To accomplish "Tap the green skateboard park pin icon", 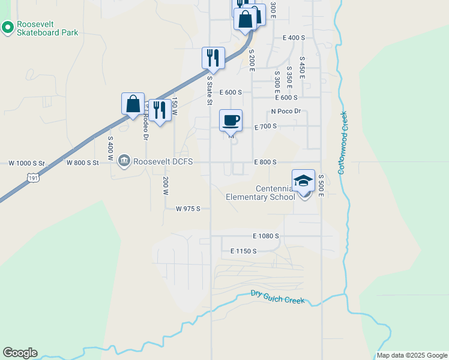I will [8, 27].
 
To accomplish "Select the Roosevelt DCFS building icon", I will [124, 161].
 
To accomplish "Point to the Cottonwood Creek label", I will [343, 143].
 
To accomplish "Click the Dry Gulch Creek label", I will [279, 297].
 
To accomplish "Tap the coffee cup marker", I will [231, 121].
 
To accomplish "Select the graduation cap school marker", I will [304, 181].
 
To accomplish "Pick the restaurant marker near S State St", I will [213, 58].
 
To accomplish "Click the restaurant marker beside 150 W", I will [159, 110].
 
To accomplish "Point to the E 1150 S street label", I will [243, 251].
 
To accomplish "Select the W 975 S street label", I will [187, 209].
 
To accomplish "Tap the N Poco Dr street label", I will [286, 112].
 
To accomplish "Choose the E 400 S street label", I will [294, 37].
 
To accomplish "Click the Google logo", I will [20, 353].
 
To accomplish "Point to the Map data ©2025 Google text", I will [412, 355].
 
